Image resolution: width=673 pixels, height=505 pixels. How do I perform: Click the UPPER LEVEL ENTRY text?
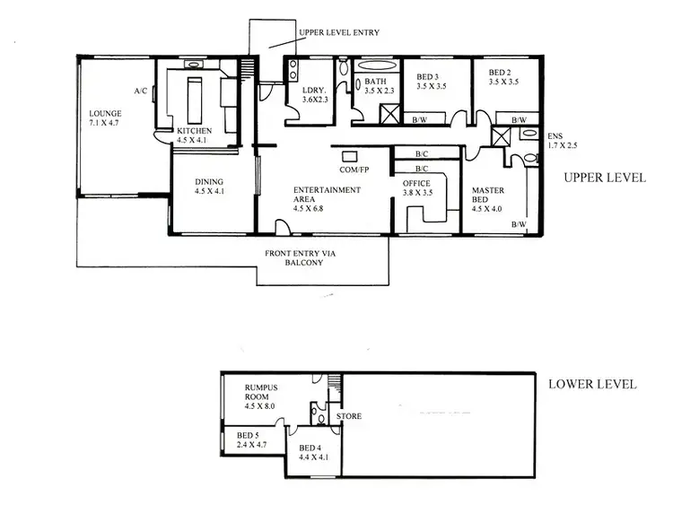click(x=338, y=32)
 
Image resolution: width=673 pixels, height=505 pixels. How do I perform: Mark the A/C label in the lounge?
click(x=141, y=91)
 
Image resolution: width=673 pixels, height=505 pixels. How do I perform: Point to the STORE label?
click(x=349, y=417)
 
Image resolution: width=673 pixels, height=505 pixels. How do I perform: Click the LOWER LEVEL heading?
click(x=592, y=384)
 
